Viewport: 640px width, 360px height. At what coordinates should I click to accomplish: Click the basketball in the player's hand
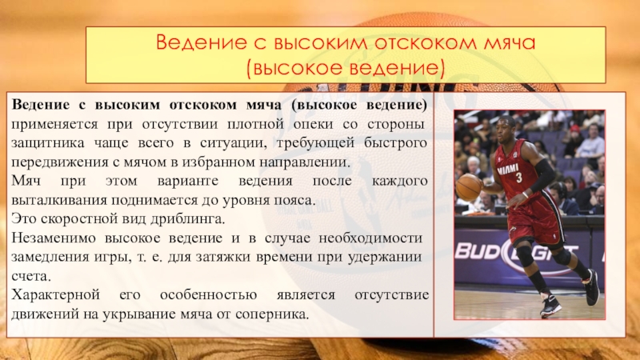coord(469,187)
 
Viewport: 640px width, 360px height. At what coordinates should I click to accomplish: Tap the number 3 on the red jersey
coord(518,178)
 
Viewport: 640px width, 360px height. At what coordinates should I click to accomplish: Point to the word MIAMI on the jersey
coord(507,170)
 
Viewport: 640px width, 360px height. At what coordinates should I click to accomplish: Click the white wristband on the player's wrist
coord(526,193)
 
